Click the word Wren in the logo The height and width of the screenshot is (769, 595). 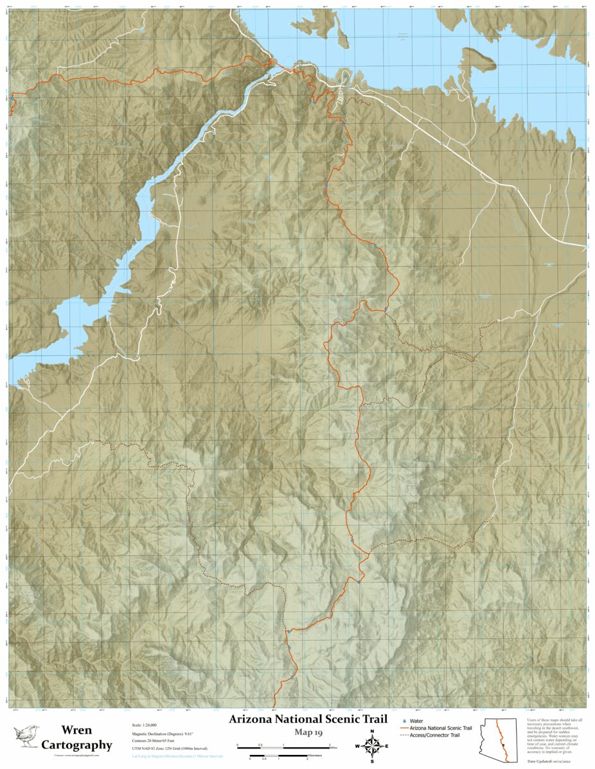[76, 730]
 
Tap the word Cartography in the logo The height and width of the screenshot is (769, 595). [76, 745]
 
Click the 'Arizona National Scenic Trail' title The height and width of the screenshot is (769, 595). [308, 719]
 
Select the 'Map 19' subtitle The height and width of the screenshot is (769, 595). [308, 732]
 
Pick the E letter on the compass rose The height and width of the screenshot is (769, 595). [387, 746]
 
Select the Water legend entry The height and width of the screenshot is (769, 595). [416, 721]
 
